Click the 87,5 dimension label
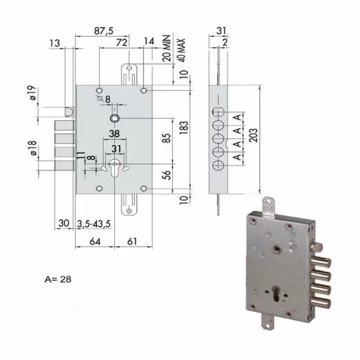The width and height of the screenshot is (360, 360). click(103, 31)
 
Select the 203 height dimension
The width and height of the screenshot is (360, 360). click(254, 135)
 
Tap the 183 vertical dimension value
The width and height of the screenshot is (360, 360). click(184, 128)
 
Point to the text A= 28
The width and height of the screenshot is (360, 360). click(58, 279)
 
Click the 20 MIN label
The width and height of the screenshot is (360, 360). click(167, 48)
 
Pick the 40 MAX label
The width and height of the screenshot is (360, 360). click(181, 50)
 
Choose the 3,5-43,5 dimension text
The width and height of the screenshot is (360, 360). click(94, 224)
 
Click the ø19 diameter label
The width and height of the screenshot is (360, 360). click(32, 93)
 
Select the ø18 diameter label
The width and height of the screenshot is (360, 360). click(32, 148)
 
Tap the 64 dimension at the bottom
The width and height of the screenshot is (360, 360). click(95, 241)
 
